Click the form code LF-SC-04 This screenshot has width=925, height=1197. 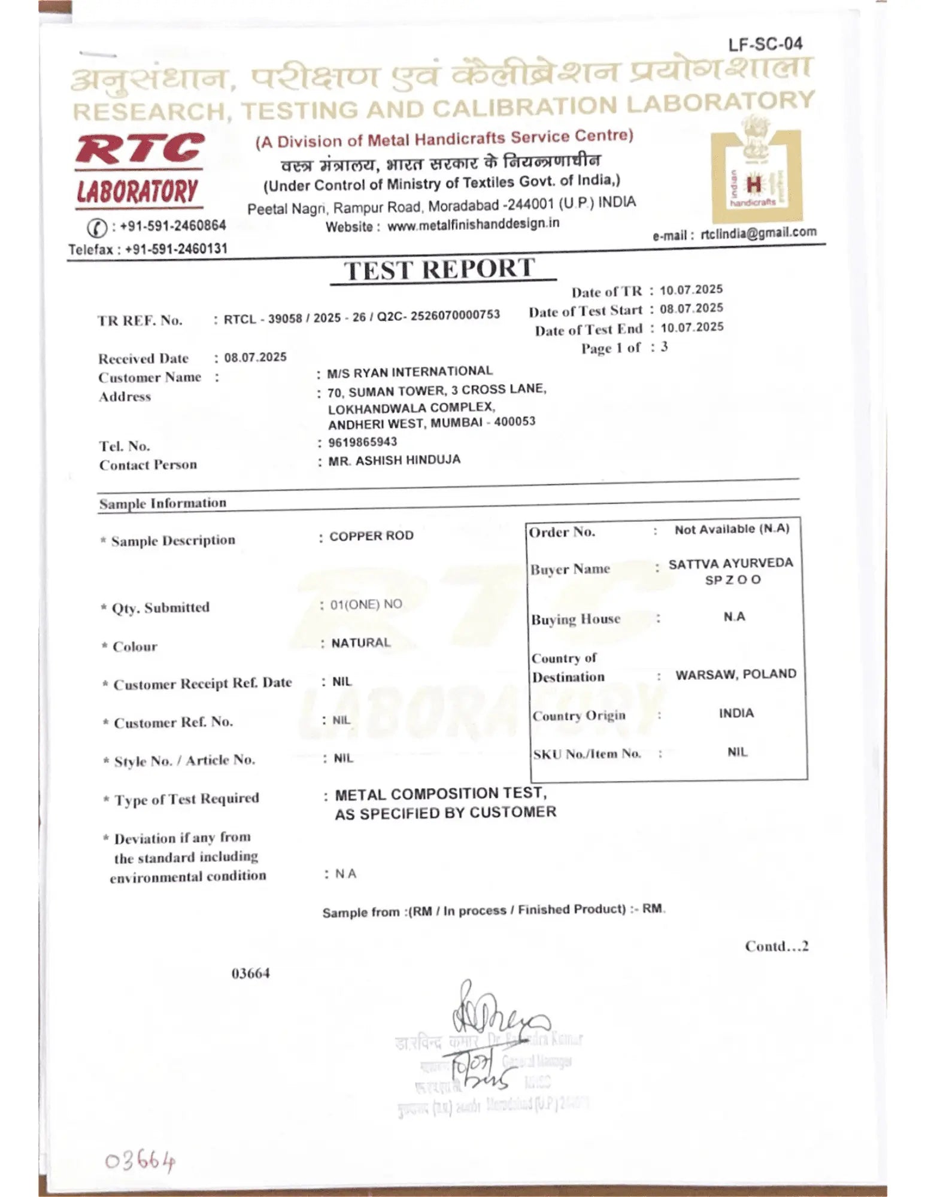coord(765,44)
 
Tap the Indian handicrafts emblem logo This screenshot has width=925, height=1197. coord(756,175)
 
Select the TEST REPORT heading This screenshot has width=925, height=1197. coord(439,269)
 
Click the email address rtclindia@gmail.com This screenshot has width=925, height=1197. coord(758,233)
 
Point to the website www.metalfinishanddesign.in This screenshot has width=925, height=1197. coord(473,224)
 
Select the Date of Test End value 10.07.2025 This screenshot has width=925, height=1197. coord(692,327)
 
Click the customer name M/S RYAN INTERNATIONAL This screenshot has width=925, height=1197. coord(410,372)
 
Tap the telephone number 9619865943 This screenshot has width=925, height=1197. coord(362,442)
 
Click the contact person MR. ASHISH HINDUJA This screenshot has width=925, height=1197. coord(394,460)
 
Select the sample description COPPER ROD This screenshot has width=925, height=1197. coord(371,536)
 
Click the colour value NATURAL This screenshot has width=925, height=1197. coord(360,643)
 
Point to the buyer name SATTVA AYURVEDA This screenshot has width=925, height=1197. coord(730,563)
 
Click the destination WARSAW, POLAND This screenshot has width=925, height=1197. coord(736,674)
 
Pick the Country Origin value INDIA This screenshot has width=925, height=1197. coord(736,713)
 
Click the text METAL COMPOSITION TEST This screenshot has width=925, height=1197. coord(440,794)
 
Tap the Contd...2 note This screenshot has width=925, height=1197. coord(777,946)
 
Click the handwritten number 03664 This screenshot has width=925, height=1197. coord(140,1162)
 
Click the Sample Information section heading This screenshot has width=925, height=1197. coord(163,503)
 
